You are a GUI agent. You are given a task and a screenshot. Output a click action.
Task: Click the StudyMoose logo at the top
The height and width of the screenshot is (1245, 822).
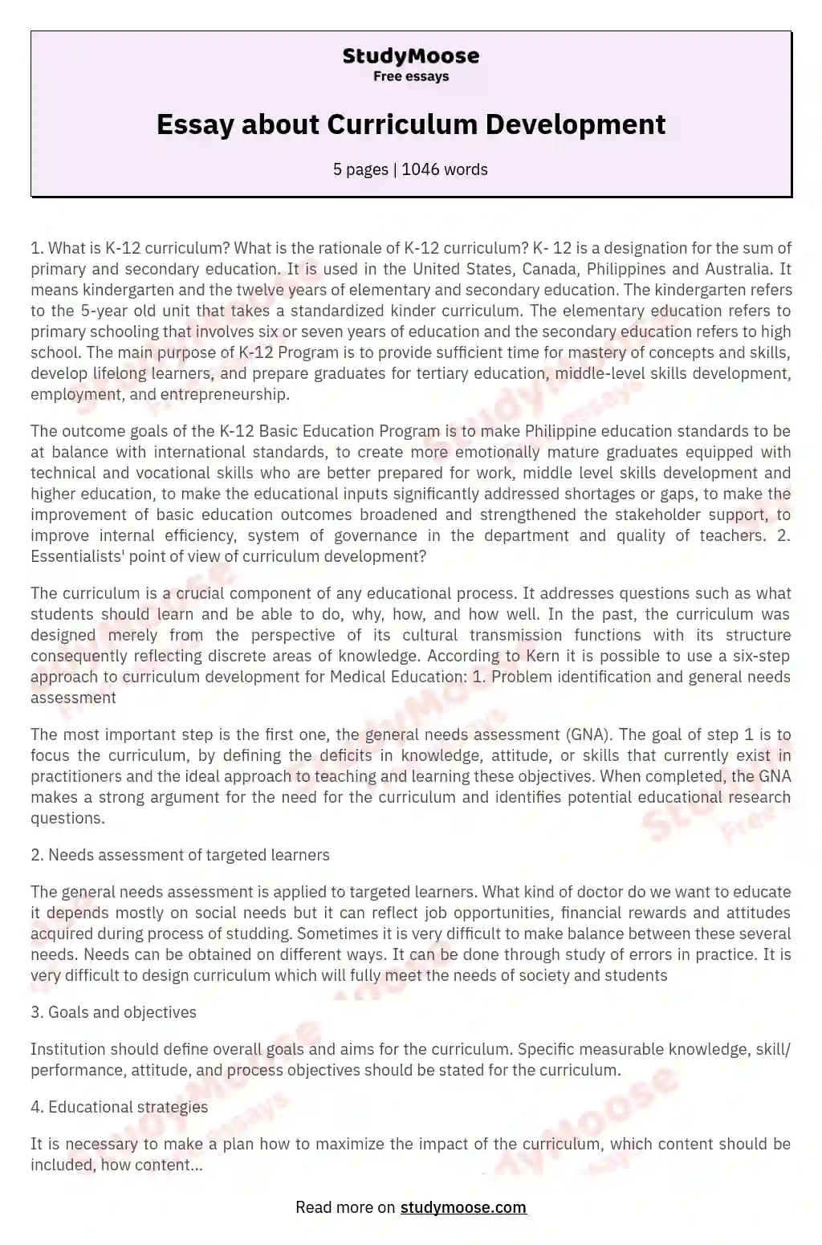coord(410,56)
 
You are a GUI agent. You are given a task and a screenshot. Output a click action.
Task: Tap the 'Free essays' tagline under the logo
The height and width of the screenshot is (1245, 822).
coord(410,77)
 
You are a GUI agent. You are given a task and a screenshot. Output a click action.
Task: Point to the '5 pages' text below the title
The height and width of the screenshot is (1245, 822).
coord(360,169)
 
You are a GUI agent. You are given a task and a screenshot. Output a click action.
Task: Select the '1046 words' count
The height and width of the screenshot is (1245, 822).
coord(445,169)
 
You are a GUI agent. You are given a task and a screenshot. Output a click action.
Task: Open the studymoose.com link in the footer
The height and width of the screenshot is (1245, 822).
coord(463,1207)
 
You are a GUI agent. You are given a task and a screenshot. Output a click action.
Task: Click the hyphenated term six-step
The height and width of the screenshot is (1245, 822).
coord(759,656)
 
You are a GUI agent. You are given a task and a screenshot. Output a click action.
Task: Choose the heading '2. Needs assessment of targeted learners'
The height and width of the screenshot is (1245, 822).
coord(180,855)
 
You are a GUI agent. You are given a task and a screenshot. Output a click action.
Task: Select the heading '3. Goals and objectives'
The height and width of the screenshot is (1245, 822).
coord(113,1012)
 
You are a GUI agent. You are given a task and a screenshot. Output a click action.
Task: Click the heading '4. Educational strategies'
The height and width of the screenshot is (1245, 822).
coord(119,1107)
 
